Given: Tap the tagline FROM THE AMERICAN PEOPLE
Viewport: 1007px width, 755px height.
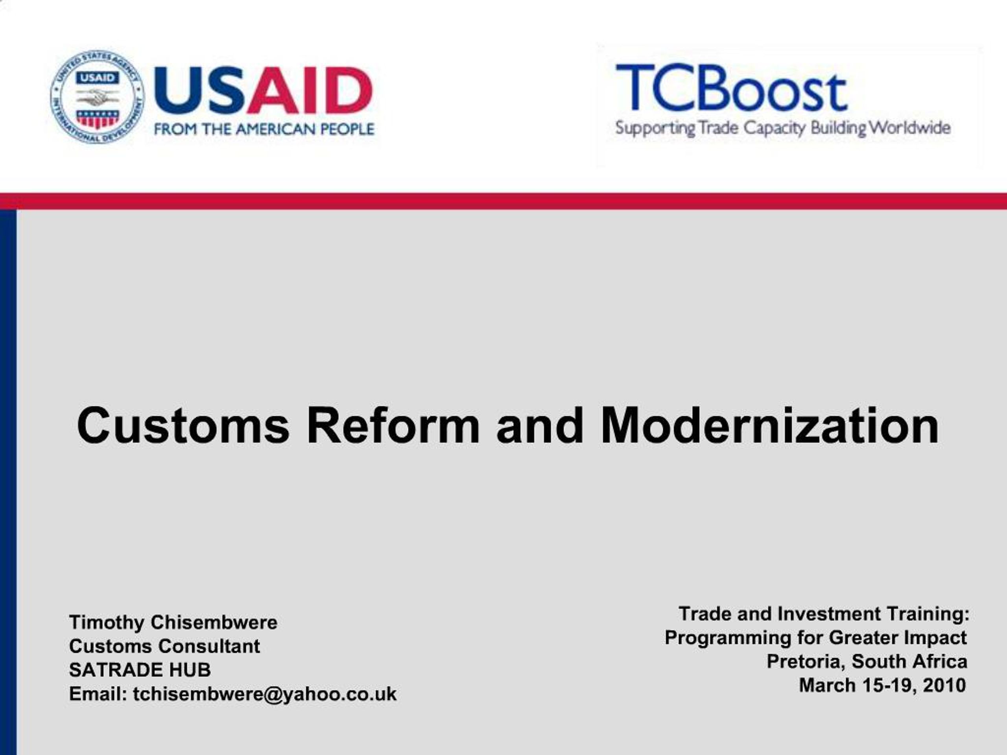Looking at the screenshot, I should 264,129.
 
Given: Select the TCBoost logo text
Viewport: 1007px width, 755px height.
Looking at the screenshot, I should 731,88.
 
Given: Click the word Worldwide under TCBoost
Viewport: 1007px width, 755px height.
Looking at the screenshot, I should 910,128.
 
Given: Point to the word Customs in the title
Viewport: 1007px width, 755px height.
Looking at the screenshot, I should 183,425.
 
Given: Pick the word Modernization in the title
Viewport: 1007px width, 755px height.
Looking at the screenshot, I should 769,425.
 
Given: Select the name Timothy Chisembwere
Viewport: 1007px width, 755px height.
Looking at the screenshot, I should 173,622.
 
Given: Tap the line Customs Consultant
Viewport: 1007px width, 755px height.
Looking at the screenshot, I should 164,646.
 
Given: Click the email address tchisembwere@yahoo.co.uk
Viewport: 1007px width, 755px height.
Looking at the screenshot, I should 264,694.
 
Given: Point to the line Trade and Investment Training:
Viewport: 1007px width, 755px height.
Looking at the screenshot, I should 824,614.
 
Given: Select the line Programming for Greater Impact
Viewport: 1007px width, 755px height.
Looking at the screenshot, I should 815,637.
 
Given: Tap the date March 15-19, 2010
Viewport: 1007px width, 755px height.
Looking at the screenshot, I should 882,685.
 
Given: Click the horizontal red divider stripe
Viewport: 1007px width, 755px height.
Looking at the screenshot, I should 503,201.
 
